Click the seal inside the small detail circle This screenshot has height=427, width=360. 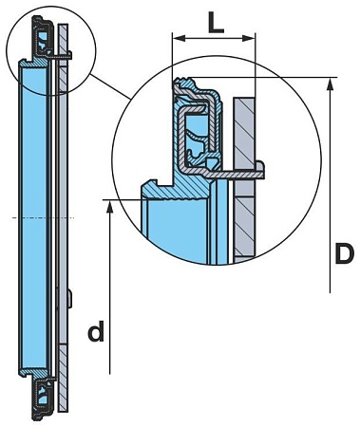[x=43, y=43]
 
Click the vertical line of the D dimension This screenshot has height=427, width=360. [x=330, y=190]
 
